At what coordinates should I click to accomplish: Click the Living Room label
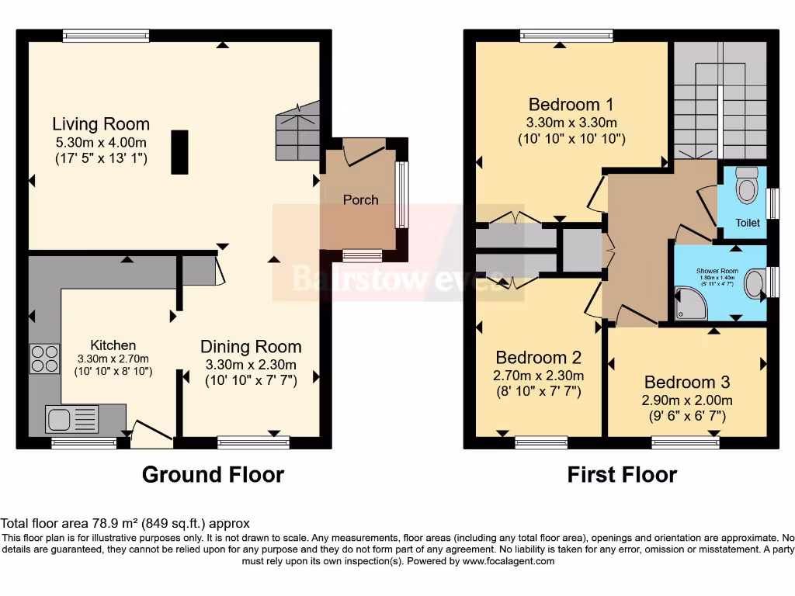tap(101, 124)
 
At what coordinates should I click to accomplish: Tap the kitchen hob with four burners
tap(44, 359)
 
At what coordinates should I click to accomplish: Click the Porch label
tap(361, 200)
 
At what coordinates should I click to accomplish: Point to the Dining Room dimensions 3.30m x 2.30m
tap(251, 364)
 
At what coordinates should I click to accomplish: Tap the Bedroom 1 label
tap(564, 105)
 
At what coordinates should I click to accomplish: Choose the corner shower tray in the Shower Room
tap(690, 303)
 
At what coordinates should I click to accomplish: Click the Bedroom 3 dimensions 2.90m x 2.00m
tap(687, 401)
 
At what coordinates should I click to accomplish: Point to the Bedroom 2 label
tap(538, 358)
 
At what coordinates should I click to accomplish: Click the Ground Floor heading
tap(213, 474)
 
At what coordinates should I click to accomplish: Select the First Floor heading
tap(622, 474)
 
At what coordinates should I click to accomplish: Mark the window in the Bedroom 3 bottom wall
tap(685, 443)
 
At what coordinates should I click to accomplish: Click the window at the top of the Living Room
tap(106, 35)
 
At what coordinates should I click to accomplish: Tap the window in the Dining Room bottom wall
tap(253, 443)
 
